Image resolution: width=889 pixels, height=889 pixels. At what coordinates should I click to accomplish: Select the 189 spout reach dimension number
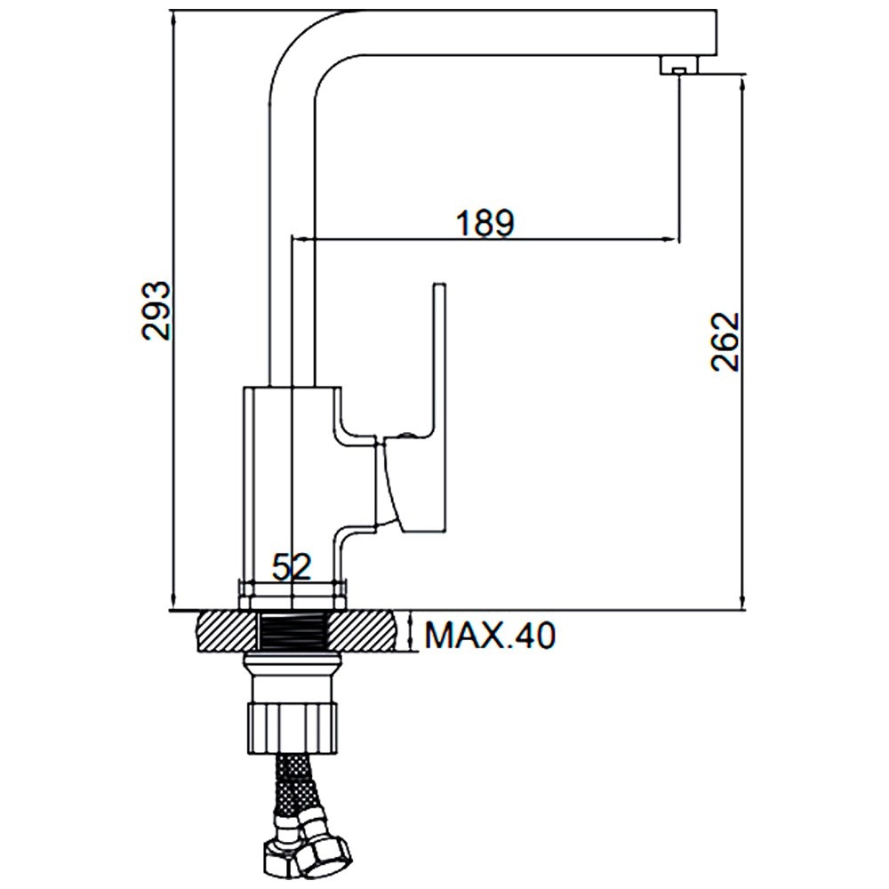[x=485, y=222]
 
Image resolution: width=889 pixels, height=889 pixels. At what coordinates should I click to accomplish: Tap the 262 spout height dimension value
[x=726, y=342]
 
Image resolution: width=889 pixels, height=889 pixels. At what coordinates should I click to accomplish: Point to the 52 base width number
[x=292, y=566]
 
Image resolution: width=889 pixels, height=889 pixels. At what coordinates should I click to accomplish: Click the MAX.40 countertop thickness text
[x=489, y=635]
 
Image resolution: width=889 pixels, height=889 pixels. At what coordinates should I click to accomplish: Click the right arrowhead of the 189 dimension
[x=676, y=238]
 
